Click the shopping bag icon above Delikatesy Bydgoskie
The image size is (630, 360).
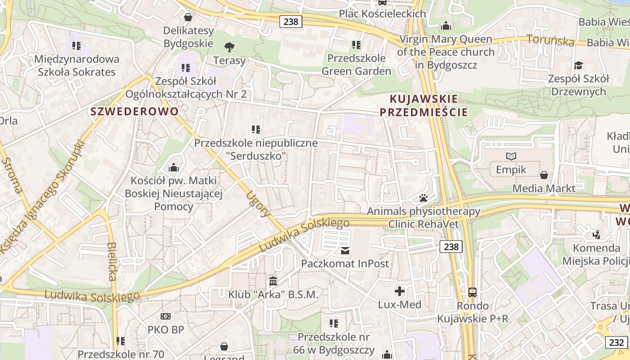188,17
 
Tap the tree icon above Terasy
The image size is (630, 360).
229,46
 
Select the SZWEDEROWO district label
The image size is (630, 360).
135,111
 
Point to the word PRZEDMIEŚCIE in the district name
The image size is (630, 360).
424,112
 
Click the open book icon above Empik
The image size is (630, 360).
511,156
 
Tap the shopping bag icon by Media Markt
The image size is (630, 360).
544,175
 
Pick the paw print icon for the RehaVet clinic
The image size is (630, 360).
423,198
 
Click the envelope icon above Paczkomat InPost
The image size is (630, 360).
345,250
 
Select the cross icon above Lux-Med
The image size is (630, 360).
400,291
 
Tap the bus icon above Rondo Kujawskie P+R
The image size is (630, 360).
472,292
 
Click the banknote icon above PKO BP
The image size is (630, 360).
166,316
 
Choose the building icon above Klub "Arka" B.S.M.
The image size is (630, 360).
273,281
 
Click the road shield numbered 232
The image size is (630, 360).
616,342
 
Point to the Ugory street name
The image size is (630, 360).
258,203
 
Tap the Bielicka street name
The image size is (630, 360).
112,261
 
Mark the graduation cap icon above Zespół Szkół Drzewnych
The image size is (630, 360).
578,66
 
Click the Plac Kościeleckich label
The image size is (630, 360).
382,13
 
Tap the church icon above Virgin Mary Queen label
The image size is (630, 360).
446,26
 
